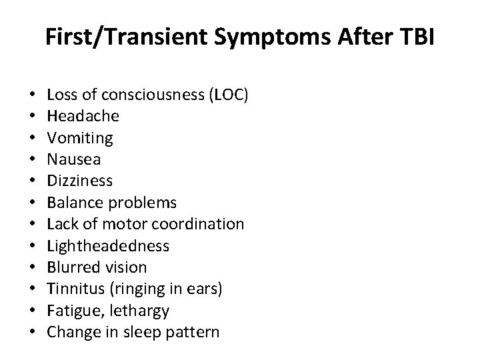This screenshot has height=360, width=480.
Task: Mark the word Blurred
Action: pyautogui.click(x=73, y=267)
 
